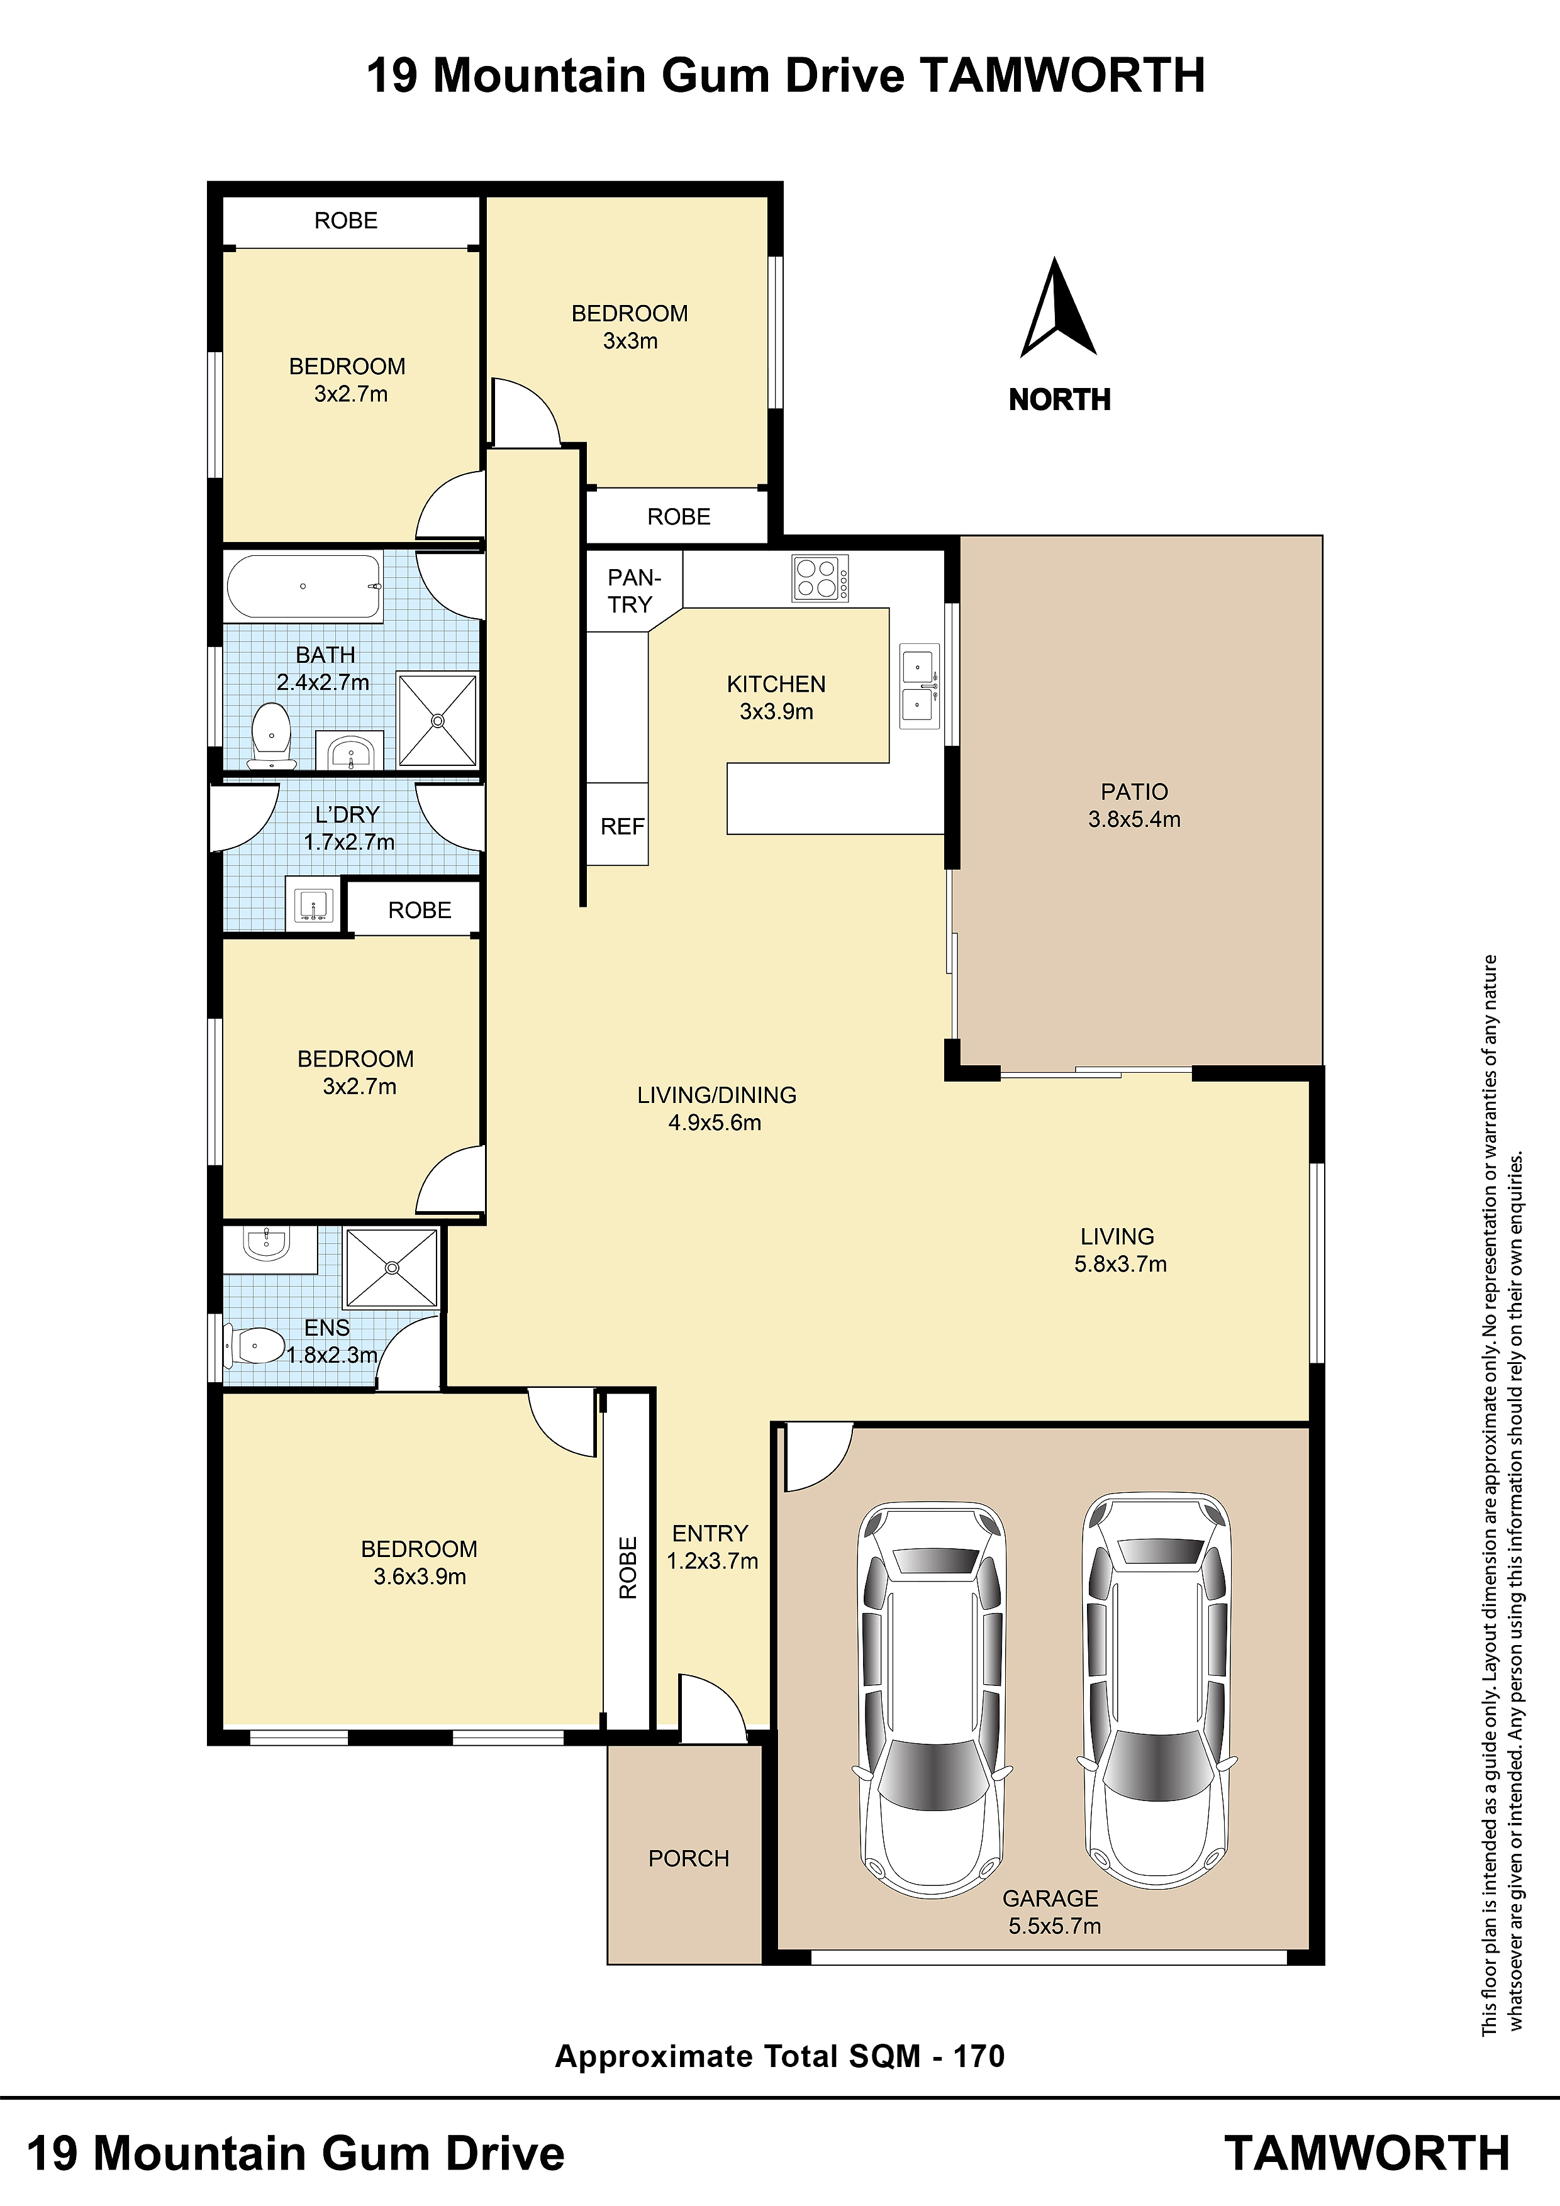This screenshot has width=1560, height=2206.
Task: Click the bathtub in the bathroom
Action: (x=304, y=586)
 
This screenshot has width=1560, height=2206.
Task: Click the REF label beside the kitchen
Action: (x=622, y=826)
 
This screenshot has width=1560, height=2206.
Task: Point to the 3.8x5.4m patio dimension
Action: (x=1134, y=819)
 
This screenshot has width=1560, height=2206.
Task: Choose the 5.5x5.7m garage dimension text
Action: (x=1054, y=1926)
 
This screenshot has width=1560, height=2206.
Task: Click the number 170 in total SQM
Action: (x=979, y=2056)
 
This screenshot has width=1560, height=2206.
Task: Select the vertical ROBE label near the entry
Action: (x=628, y=1568)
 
